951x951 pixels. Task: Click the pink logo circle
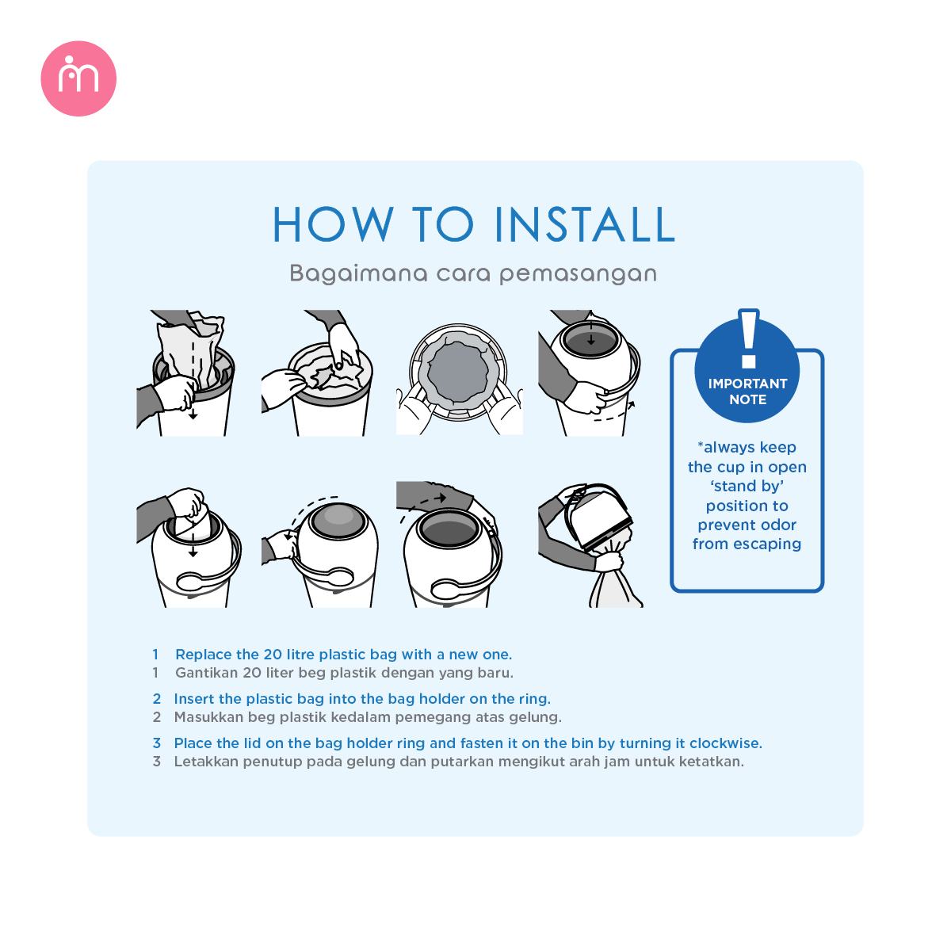[x=78, y=78]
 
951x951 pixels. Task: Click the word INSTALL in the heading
[x=586, y=224]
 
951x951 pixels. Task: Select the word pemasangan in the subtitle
[x=578, y=274]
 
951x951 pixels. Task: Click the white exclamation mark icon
[x=749, y=339]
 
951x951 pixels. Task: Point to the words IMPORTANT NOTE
[x=747, y=391]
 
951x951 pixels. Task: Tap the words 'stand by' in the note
[x=747, y=486]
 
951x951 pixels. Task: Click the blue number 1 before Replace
[x=155, y=655]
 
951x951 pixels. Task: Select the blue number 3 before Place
[x=157, y=743]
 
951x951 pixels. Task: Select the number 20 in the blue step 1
[x=273, y=655]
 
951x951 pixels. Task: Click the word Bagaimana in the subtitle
[x=358, y=274]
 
